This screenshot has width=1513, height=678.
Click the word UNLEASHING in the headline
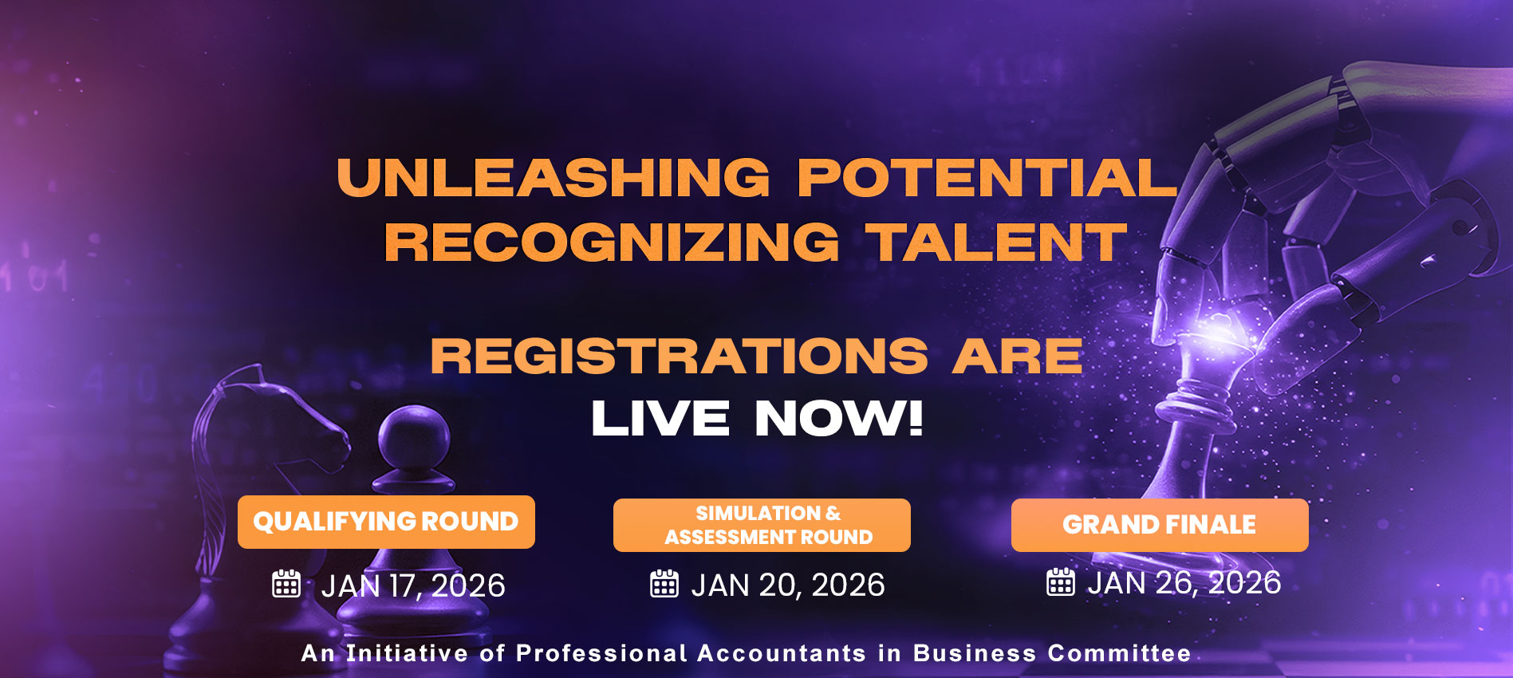click(x=554, y=177)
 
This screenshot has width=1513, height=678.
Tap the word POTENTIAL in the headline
click(x=987, y=177)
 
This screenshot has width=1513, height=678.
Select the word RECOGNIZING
click(x=612, y=242)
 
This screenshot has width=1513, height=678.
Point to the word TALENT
click(x=997, y=242)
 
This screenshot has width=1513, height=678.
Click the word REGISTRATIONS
click(x=680, y=356)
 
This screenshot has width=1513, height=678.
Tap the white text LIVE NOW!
click(x=757, y=419)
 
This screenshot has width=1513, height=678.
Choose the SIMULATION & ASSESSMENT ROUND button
click(x=762, y=525)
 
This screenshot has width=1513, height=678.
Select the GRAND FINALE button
click(x=1160, y=525)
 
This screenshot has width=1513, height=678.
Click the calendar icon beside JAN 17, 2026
click(x=286, y=584)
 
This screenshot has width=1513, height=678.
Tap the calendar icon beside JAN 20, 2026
click(x=664, y=584)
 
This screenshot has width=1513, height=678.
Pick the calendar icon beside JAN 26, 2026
click(x=1060, y=581)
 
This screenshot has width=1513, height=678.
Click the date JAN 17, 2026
click(x=413, y=586)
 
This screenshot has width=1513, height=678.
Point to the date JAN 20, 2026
click(x=788, y=585)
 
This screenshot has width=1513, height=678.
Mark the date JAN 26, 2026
click(x=1184, y=583)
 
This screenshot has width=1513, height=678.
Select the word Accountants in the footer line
click(x=782, y=653)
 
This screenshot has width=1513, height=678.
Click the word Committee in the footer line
click(x=1120, y=653)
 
